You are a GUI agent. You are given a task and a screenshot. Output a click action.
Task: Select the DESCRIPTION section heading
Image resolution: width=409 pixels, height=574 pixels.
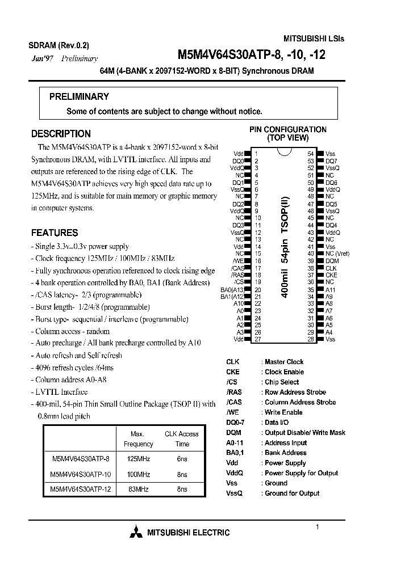coord(61,134)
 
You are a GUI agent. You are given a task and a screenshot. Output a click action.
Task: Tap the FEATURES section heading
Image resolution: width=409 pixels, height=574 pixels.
coord(55,233)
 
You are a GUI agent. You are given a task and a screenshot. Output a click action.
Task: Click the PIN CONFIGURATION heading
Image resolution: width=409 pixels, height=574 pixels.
coord(288,130)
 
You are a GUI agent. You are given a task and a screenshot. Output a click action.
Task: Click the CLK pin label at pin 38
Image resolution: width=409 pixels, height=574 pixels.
coord(331,268)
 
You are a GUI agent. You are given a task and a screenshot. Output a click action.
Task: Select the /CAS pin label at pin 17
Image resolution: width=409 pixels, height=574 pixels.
coord(239,268)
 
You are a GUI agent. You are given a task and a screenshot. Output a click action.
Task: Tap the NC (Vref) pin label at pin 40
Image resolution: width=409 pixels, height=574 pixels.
coord(337,254)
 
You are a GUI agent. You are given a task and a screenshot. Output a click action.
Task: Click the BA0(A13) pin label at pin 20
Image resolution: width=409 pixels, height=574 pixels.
coord(233,289)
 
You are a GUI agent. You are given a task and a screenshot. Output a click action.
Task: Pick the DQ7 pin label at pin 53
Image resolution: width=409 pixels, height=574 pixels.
coord(331,161)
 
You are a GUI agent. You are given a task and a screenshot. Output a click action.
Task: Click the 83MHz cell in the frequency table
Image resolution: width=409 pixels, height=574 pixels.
coord(138,488)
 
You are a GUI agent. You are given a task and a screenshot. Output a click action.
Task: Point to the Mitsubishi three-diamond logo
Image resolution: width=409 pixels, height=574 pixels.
coord(136,532)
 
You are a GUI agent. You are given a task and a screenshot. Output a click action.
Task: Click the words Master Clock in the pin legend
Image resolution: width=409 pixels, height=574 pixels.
coord(284,362)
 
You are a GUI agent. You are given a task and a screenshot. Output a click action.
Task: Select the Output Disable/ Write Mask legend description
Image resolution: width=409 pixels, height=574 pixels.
coord(305,433)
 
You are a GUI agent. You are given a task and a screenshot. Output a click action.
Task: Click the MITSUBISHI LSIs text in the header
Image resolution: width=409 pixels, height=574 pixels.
coord(314,39)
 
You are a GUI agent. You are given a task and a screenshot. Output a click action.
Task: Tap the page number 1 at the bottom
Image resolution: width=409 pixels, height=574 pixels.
coord(317,527)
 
